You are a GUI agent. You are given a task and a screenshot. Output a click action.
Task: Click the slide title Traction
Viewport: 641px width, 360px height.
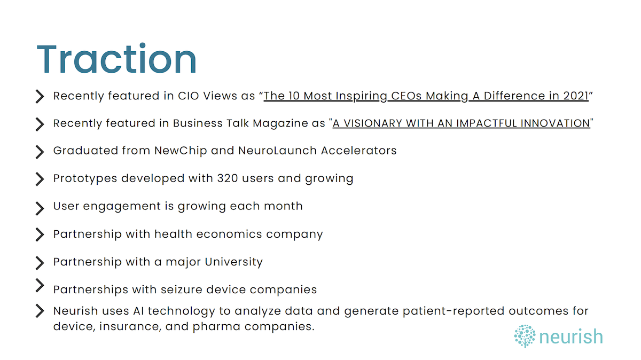coord(116,59)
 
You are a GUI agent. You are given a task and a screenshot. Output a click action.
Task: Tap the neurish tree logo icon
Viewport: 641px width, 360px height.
coord(525,336)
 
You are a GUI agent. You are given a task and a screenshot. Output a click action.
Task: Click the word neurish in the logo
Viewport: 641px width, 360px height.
coord(571,336)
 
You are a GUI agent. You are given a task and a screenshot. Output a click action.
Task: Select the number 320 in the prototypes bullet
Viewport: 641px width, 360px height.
coord(228,178)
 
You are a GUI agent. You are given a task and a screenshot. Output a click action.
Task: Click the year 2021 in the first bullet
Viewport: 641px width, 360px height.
coord(576,96)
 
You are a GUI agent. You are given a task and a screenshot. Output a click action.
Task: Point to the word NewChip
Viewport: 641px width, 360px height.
coord(181,151)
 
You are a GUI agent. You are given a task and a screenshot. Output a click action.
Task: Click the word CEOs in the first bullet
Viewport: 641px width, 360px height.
coord(407,96)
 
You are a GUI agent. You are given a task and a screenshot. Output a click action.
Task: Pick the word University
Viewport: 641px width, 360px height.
coord(234,262)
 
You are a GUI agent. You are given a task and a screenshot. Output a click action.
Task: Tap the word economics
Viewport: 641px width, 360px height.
coord(229,234)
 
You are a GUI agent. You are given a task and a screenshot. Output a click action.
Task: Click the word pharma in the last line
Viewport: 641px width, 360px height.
coord(216,326)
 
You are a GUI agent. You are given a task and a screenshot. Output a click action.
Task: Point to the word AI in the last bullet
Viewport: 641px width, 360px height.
coord(138,311)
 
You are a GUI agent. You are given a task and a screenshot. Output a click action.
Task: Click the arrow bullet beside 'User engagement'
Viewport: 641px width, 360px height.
coord(40,208)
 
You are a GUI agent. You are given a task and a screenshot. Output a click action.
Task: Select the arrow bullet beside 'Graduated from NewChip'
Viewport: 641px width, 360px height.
coord(40,152)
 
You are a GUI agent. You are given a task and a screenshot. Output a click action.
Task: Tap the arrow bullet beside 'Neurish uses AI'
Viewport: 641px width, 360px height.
coord(40,311)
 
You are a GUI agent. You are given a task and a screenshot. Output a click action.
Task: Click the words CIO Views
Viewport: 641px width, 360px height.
coord(207,96)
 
